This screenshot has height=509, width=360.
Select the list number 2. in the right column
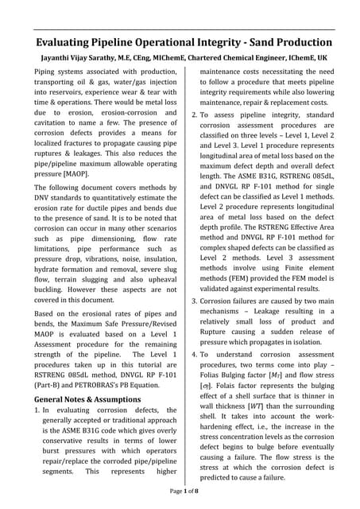(x=195, y=115)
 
